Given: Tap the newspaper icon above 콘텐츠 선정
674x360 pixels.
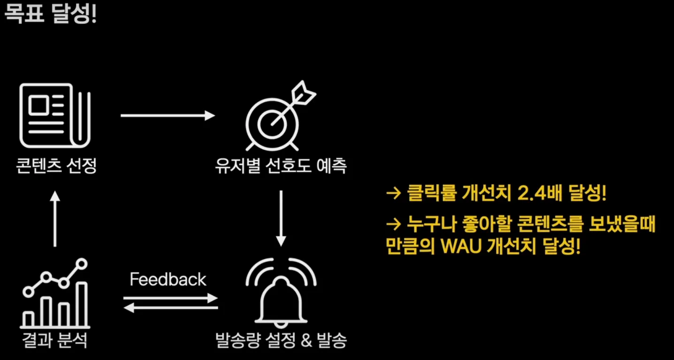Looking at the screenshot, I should (54, 114).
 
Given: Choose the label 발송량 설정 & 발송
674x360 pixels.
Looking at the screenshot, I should (281, 340).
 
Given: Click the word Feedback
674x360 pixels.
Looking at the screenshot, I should (168, 280).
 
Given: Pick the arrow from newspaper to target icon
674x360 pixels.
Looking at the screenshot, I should (168, 115).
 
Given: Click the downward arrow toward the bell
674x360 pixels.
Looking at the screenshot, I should (281, 218).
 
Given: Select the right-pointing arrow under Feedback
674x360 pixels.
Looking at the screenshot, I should (171, 298).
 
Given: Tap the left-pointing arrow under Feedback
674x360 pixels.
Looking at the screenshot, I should (171, 308).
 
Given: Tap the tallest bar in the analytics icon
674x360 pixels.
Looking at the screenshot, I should (82, 304).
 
